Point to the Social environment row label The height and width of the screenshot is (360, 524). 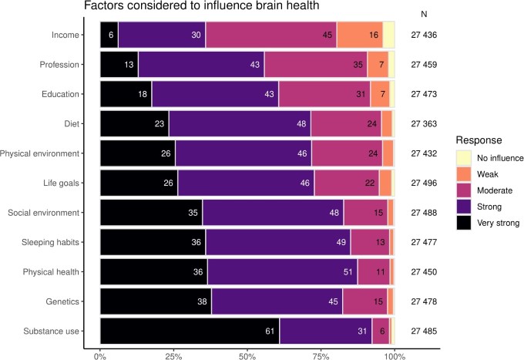pos(59,213)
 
